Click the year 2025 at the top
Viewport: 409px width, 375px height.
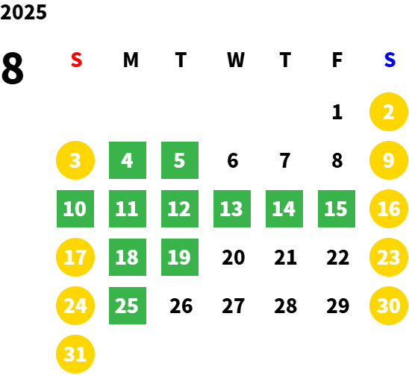pyautogui.click(x=23, y=12)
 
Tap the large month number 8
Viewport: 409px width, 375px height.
pyautogui.click(x=12, y=68)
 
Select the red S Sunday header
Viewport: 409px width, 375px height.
pyautogui.click(x=76, y=60)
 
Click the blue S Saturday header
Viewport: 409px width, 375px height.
pyautogui.click(x=390, y=60)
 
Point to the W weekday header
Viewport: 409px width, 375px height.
pyautogui.click(x=236, y=60)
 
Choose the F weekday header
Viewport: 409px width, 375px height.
pyautogui.click(x=337, y=60)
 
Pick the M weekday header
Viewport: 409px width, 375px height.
pyautogui.click(x=131, y=60)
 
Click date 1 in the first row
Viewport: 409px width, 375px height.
pyautogui.click(x=337, y=112)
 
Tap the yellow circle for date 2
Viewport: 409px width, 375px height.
pyautogui.click(x=389, y=112)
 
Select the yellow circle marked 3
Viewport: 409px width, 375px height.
pyautogui.click(x=75, y=160)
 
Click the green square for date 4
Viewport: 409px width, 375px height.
pyautogui.click(x=128, y=160)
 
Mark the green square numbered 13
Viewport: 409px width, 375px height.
pyautogui.click(x=232, y=209)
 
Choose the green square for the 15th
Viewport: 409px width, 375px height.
pyautogui.click(x=337, y=209)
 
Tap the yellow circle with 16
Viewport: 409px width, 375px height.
pyautogui.click(x=389, y=209)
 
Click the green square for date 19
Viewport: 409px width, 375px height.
pyautogui.click(x=180, y=257)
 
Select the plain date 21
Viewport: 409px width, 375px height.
pyautogui.click(x=285, y=257)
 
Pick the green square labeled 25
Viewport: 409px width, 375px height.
pyautogui.click(x=128, y=306)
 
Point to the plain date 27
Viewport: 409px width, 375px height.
pyautogui.click(x=233, y=306)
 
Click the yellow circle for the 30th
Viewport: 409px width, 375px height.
pyautogui.click(x=389, y=306)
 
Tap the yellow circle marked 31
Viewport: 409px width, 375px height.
pyautogui.click(x=75, y=354)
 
